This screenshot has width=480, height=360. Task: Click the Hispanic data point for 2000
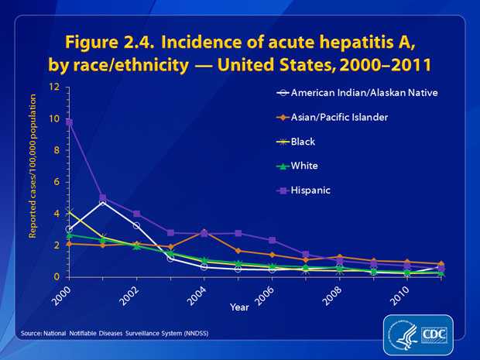pyautogui.click(x=69, y=122)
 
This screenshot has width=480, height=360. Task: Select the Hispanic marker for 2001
pyautogui.click(x=103, y=198)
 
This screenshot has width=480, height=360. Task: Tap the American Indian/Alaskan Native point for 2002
pyautogui.click(x=137, y=225)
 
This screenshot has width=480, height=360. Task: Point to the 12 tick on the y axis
pyautogui.click(x=54, y=87)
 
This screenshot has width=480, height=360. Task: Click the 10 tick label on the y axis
pyautogui.click(x=54, y=118)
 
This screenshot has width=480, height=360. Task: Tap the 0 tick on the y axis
pyautogui.click(x=57, y=277)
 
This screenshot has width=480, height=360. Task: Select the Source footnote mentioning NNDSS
pyautogui.click(x=112, y=334)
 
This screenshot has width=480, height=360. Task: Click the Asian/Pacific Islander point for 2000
pyautogui.click(x=69, y=244)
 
